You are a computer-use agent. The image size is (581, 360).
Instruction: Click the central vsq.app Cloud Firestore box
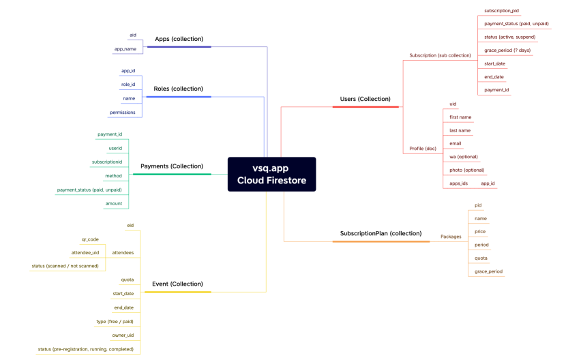click(271, 174)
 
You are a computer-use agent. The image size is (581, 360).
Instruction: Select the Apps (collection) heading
click(179, 39)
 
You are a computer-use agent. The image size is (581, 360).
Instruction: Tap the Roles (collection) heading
click(178, 89)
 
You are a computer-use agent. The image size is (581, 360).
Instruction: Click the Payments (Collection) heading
click(171, 166)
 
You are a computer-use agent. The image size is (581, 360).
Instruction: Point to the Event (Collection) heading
click(177, 284)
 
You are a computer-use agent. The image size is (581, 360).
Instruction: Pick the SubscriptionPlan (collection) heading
click(381, 233)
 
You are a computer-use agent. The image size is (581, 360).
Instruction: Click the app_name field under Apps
click(125, 49)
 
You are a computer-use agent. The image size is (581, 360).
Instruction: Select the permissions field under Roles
click(122, 112)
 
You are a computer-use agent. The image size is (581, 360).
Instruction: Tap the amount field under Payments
click(113, 203)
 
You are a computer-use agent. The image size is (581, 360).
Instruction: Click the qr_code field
click(90, 239)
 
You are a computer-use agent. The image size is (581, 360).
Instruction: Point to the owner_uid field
click(123, 335)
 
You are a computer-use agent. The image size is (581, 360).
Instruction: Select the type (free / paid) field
click(115, 321)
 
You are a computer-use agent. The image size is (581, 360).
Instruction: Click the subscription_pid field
click(501, 11)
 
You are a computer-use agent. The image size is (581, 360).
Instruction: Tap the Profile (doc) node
click(422, 149)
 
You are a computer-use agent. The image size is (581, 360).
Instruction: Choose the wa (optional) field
click(463, 157)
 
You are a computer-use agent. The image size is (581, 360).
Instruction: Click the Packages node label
click(451, 237)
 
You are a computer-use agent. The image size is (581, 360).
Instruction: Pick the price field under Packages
click(480, 232)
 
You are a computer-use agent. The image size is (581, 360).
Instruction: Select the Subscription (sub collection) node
click(440, 55)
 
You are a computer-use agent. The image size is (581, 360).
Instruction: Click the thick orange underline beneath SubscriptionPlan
click(386, 241)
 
